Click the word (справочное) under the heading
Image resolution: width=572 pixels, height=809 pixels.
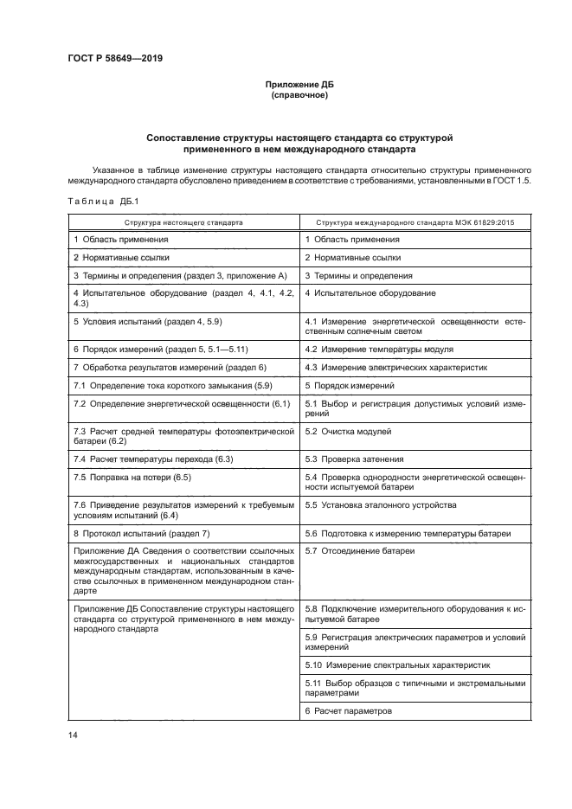[299, 94]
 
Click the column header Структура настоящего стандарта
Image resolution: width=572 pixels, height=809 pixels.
[182, 222]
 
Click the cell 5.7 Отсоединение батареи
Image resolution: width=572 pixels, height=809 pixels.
[360, 550]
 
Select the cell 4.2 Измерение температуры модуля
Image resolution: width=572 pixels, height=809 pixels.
[379, 349]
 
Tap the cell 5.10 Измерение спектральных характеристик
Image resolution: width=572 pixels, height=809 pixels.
[397, 665]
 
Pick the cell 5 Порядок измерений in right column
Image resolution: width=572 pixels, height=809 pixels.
[350, 385]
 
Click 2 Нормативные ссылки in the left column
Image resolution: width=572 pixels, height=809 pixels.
[120, 257]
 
